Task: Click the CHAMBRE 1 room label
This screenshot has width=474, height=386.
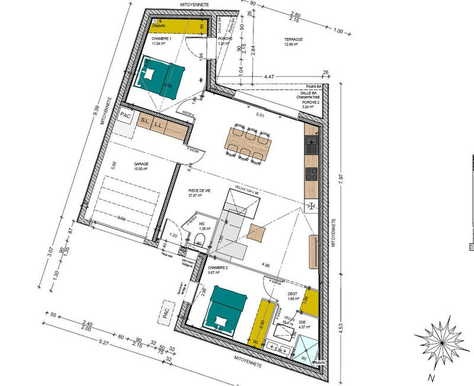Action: [x=145, y=39]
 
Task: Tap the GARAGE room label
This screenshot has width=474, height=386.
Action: [x=141, y=164]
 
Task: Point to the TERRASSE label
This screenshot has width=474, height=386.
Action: [x=293, y=39]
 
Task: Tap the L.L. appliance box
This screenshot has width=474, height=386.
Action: [x=158, y=125]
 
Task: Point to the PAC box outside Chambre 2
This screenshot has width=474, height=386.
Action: [x=167, y=311]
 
